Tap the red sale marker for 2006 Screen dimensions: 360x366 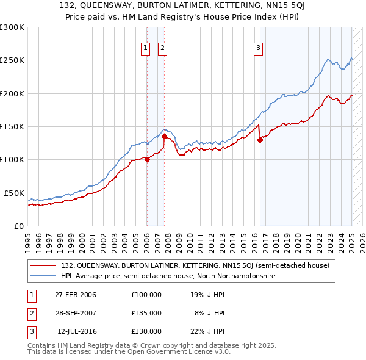(x=147, y=159)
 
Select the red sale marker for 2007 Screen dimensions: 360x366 (x=164, y=137)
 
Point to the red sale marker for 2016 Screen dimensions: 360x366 (x=260, y=140)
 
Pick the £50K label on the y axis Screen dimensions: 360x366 (x=14, y=193)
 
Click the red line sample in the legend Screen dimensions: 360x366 (x=44, y=265)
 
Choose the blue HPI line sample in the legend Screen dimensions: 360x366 (x=44, y=276)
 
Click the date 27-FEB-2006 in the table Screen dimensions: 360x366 (x=71, y=295)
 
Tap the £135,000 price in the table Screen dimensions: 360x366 (x=146, y=313)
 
